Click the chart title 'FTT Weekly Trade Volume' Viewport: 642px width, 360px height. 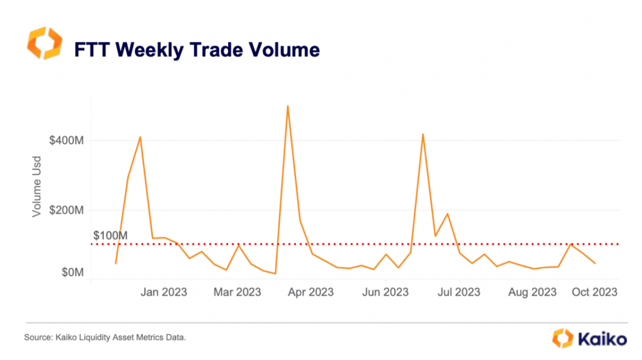(197, 50)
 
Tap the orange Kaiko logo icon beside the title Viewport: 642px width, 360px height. (45, 43)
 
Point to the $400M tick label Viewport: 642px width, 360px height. (66, 140)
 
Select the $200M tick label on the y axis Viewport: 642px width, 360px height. (66, 209)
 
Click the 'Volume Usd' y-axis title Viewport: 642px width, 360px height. (37, 191)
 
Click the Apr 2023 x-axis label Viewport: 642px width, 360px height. (312, 292)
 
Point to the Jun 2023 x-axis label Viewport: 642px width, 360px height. (386, 292)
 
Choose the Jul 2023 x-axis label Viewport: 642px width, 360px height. (458, 292)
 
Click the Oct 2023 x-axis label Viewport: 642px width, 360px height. (595, 292)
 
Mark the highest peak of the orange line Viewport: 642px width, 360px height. (287, 105)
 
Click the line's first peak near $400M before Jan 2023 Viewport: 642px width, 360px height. (140, 137)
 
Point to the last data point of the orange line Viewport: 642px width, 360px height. (595, 263)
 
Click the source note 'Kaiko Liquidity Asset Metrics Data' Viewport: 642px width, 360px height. (105, 338)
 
